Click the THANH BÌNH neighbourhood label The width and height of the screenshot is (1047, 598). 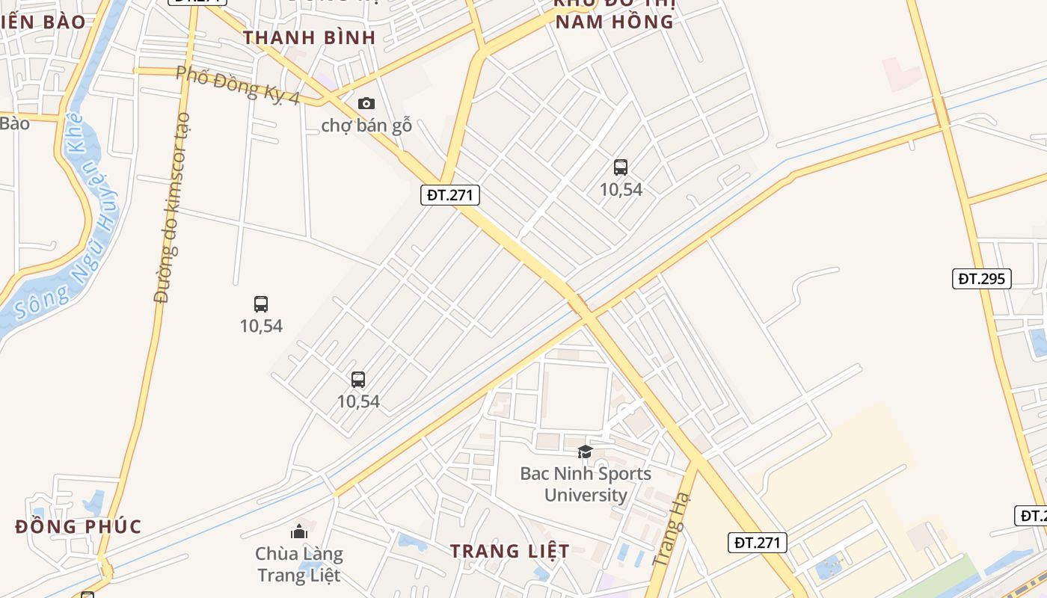pyautogui.click(x=310, y=37)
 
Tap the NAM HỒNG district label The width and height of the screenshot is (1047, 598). pyautogui.click(x=614, y=21)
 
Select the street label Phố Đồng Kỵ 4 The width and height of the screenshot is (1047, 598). pyautogui.click(x=238, y=84)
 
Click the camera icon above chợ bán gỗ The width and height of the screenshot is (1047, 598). pyautogui.click(x=366, y=103)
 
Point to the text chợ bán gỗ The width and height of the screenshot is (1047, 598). pyautogui.click(x=366, y=125)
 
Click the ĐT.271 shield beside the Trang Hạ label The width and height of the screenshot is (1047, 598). pyautogui.click(x=758, y=543)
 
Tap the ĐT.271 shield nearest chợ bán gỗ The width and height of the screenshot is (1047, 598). pyautogui.click(x=449, y=195)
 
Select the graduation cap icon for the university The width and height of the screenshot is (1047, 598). pyautogui.click(x=585, y=451)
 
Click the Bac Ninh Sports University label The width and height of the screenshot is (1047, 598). pyautogui.click(x=586, y=484)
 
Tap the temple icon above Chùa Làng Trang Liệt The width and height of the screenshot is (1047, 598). pyautogui.click(x=299, y=531)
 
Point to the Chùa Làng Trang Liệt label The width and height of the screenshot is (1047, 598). pyautogui.click(x=299, y=564)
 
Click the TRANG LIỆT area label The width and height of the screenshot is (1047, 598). pyautogui.click(x=509, y=552)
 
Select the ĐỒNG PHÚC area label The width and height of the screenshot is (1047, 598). pyautogui.click(x=78, y=526)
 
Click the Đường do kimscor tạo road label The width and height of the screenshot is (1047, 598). pyautogui.click(x=172, y=208)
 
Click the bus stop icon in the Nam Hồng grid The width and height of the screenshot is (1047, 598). pyautogui.click(x=620, y=167)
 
